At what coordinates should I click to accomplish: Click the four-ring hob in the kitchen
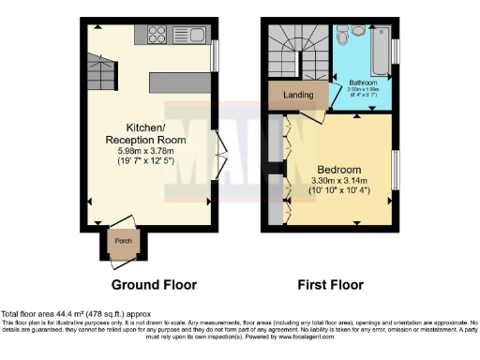coord(156,37)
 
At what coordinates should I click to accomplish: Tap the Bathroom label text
coord(363,82)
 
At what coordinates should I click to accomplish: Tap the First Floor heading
coord(332,284)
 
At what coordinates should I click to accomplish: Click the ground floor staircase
coord(97,72)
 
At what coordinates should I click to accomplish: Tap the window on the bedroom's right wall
coord(394,170)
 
